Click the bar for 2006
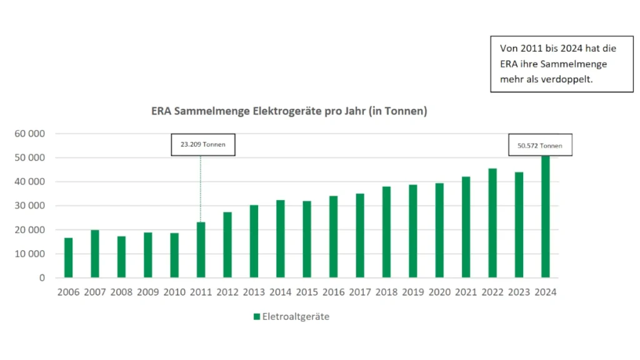coord(68,257)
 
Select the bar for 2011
coord(201,250)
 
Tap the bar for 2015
coord(307,239)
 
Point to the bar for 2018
coord(386,232)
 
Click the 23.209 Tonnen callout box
coord(203,144)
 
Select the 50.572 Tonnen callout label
coord(540,146)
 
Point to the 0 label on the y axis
coord(42,277)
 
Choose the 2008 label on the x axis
coord(121,292)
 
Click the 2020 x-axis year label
coord(439,292)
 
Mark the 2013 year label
coord(254,292)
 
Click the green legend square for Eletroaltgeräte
coord(256,317)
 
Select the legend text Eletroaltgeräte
coord(296,317)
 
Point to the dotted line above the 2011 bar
coord(201,187)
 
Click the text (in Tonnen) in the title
coord(397,111)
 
